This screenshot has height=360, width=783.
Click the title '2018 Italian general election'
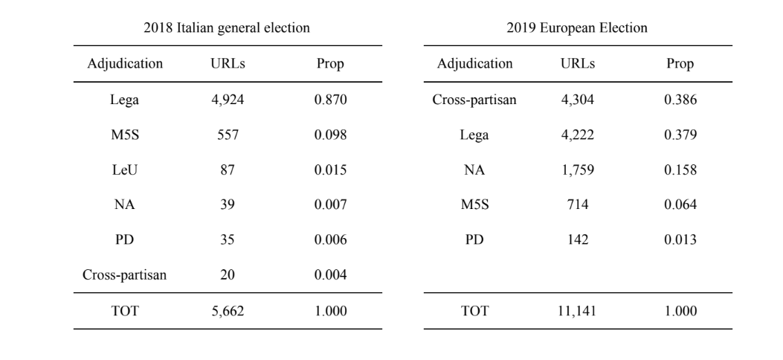click(x=227, y=28)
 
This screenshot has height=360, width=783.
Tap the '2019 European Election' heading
click(x=577, y=28)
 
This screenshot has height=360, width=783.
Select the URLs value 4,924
click(x=228, y=100)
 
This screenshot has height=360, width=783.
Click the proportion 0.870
click(x=330, y=100)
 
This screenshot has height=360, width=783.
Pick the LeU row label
click(x=124, y=170)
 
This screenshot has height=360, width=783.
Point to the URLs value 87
click(x=228, y=170)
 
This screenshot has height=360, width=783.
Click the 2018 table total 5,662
click(x=228, y=311)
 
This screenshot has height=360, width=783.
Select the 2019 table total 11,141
click(x=578, y=311)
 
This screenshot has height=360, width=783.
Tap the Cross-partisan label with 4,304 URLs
click(x=474, y=100)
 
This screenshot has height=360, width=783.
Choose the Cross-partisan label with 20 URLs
click(x=124, y=274)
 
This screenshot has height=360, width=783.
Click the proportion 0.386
click(x=680, y=100)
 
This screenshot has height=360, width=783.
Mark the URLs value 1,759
click(x=578, y=170)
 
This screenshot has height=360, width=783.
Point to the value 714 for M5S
click(x=578, y=205)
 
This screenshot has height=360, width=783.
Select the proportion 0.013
click(x=680, y=240)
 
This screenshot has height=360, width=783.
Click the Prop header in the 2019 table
click(x=680, y=64)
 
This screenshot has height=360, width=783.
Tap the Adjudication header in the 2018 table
click(x=125, y=64)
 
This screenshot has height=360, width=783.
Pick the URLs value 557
click(x=228, y=135)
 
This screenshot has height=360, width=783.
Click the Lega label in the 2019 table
click(x=474, y=135)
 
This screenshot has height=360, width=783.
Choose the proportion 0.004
click(x=330, y=274)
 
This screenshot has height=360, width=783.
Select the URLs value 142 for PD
click(x=578, y=240)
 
